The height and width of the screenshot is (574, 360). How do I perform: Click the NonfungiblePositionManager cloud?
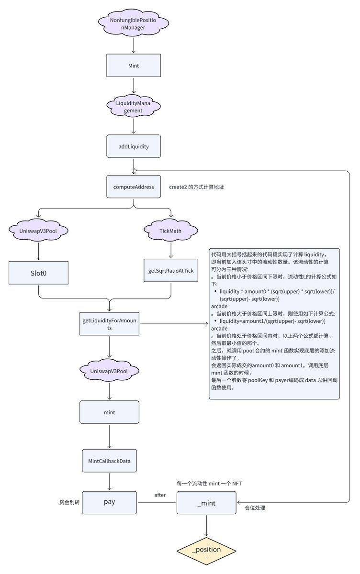[x=134, y=23]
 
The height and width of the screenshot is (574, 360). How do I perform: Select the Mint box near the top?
[x=134, y=66]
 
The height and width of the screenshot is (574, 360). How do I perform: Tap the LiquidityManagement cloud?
[x=134, y=106]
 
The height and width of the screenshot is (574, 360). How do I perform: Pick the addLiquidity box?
[x=134, y=146]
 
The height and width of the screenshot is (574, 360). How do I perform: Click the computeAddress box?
[x=134, y=187]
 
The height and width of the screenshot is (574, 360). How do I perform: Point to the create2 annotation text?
[x=196, y=187]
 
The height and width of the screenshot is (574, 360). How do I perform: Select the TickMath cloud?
[x=171, y=231]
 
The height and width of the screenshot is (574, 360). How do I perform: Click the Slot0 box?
[x=38, y=273]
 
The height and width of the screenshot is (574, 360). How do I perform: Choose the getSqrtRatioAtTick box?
[x=171, y=271]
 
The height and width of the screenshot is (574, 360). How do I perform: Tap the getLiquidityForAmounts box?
[x=109, y=324]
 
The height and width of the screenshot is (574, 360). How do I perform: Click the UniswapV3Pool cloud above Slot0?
[x=38, y=231]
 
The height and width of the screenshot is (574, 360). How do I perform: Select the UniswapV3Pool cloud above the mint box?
[x=109, y=371]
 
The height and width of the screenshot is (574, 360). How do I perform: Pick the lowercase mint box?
[x=109, y=412]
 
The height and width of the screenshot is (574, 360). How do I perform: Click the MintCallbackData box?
[x=109, y=461]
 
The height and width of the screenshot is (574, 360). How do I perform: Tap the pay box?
[x=109, y=503]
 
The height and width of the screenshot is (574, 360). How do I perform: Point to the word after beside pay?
[x=160, y=495]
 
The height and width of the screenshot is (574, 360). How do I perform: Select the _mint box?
[x=206, y=503]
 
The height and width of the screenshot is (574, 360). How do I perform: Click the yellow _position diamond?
[x=206, y=551]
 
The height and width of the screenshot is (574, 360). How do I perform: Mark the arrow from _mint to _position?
[x=206, y=526]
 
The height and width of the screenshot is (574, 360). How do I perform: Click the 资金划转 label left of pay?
[x=69, y=503]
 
